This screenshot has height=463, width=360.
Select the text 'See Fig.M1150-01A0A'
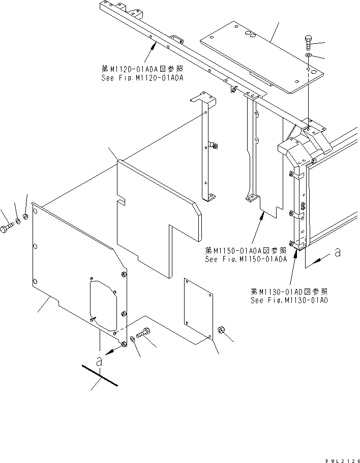246,258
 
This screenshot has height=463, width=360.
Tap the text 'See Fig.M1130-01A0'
289,300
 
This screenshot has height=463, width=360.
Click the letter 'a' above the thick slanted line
100,362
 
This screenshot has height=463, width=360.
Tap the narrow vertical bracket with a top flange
207,148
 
